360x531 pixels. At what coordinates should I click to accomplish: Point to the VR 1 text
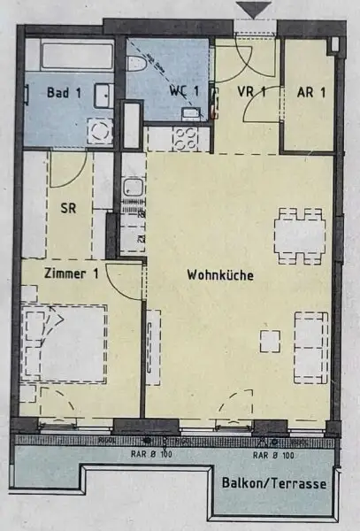pyautogui.click(x=251, y=91)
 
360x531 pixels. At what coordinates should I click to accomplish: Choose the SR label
pyautogui.click(x=68, y=210)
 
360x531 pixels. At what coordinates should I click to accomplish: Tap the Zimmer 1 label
pyautogui.click(x=69, y=274)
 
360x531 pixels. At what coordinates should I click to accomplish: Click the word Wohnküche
pyautogui.click(x=220, y=275)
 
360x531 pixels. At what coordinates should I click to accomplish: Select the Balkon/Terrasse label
pyautogui.click(x=275, y=484)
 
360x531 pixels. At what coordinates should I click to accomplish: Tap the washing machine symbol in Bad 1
pyautogui.click(x=99, y=131)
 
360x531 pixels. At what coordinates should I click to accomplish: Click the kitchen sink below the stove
pyautogui.click(x=133, y=189)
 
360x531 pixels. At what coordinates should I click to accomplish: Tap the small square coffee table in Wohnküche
pyautogui.click(x=270, y=340)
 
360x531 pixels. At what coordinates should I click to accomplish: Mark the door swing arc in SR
pyautogui.click(x=67, y=170)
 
